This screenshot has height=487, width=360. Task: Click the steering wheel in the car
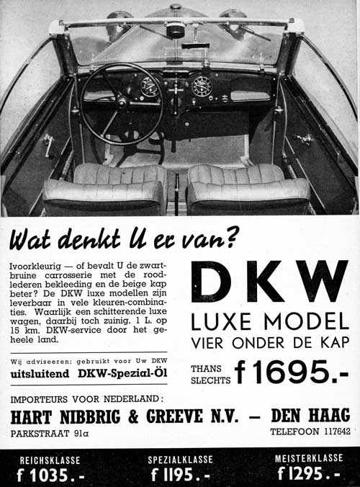pos(120,103)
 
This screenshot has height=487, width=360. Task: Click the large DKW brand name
pos(269,282)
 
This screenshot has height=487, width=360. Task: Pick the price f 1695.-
pos(292,372)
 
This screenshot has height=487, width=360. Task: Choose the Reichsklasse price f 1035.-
pos(47,475)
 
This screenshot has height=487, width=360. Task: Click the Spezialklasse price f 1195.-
pos(181,475)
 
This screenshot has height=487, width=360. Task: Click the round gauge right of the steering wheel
pos(202,86)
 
